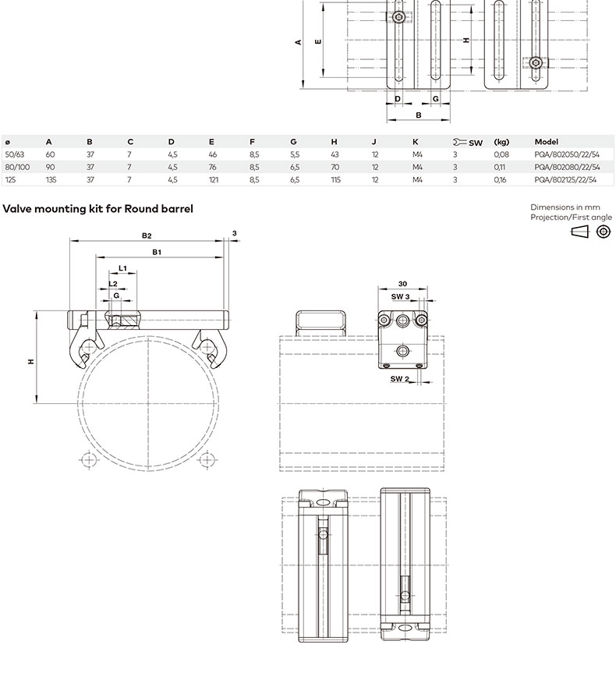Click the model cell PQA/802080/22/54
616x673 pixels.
(567, 167)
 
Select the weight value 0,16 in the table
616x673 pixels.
(500, 180)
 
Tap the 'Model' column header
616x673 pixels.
(546, 142)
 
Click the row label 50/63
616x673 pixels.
(15, 154)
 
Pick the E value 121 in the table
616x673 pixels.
(214, 180)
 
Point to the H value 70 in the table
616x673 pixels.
(335, 167)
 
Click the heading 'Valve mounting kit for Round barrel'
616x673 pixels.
(98, 209)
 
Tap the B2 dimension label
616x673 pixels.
(147, 236)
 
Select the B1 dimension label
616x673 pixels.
(157, 252)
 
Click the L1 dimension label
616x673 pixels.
(122, 268)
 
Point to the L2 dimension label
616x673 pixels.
(113, 284)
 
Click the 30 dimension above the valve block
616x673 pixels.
(402, 284)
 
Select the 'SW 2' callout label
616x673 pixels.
(400, 379)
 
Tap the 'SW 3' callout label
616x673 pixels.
(400, 296)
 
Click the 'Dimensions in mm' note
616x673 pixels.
(565, 207)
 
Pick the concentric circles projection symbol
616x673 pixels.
(604, 232)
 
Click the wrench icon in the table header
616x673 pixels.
(459, 142)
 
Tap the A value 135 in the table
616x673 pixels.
(51, 180)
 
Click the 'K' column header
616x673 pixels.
(415, 142)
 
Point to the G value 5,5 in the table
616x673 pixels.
(295, 154)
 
